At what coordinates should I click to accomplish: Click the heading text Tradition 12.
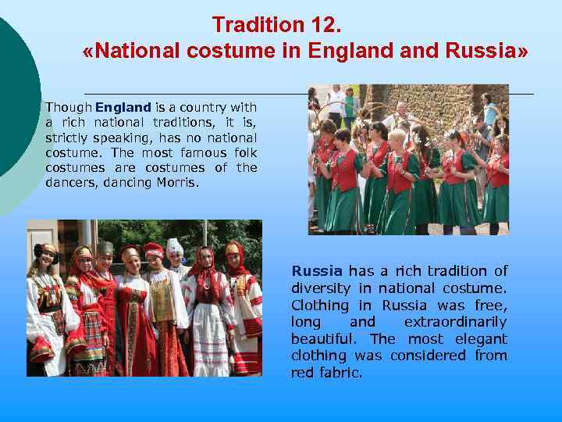click(276, 25)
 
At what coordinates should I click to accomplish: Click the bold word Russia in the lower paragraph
click(317, 271)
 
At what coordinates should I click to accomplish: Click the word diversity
click(320, 288)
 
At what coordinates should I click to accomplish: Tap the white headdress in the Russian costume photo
click(175, 248)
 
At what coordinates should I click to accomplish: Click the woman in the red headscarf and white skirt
click(207, 313)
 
